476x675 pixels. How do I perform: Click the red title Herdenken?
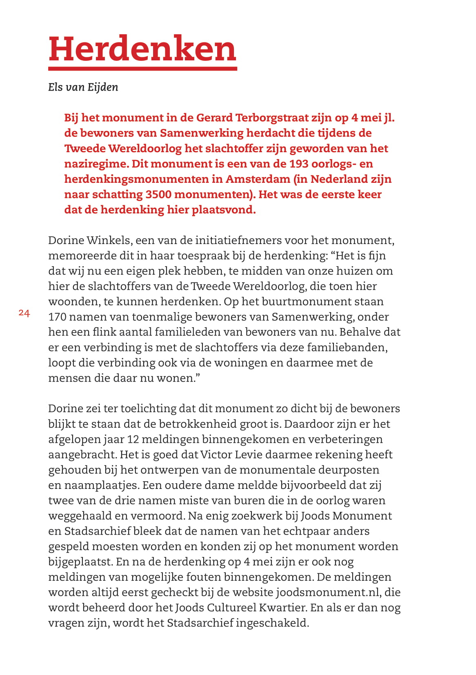(142, 49)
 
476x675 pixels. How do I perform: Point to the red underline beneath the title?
(142, 69)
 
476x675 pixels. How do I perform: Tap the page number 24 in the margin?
(24, 313)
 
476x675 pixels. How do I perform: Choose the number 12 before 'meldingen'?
(133, 440)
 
